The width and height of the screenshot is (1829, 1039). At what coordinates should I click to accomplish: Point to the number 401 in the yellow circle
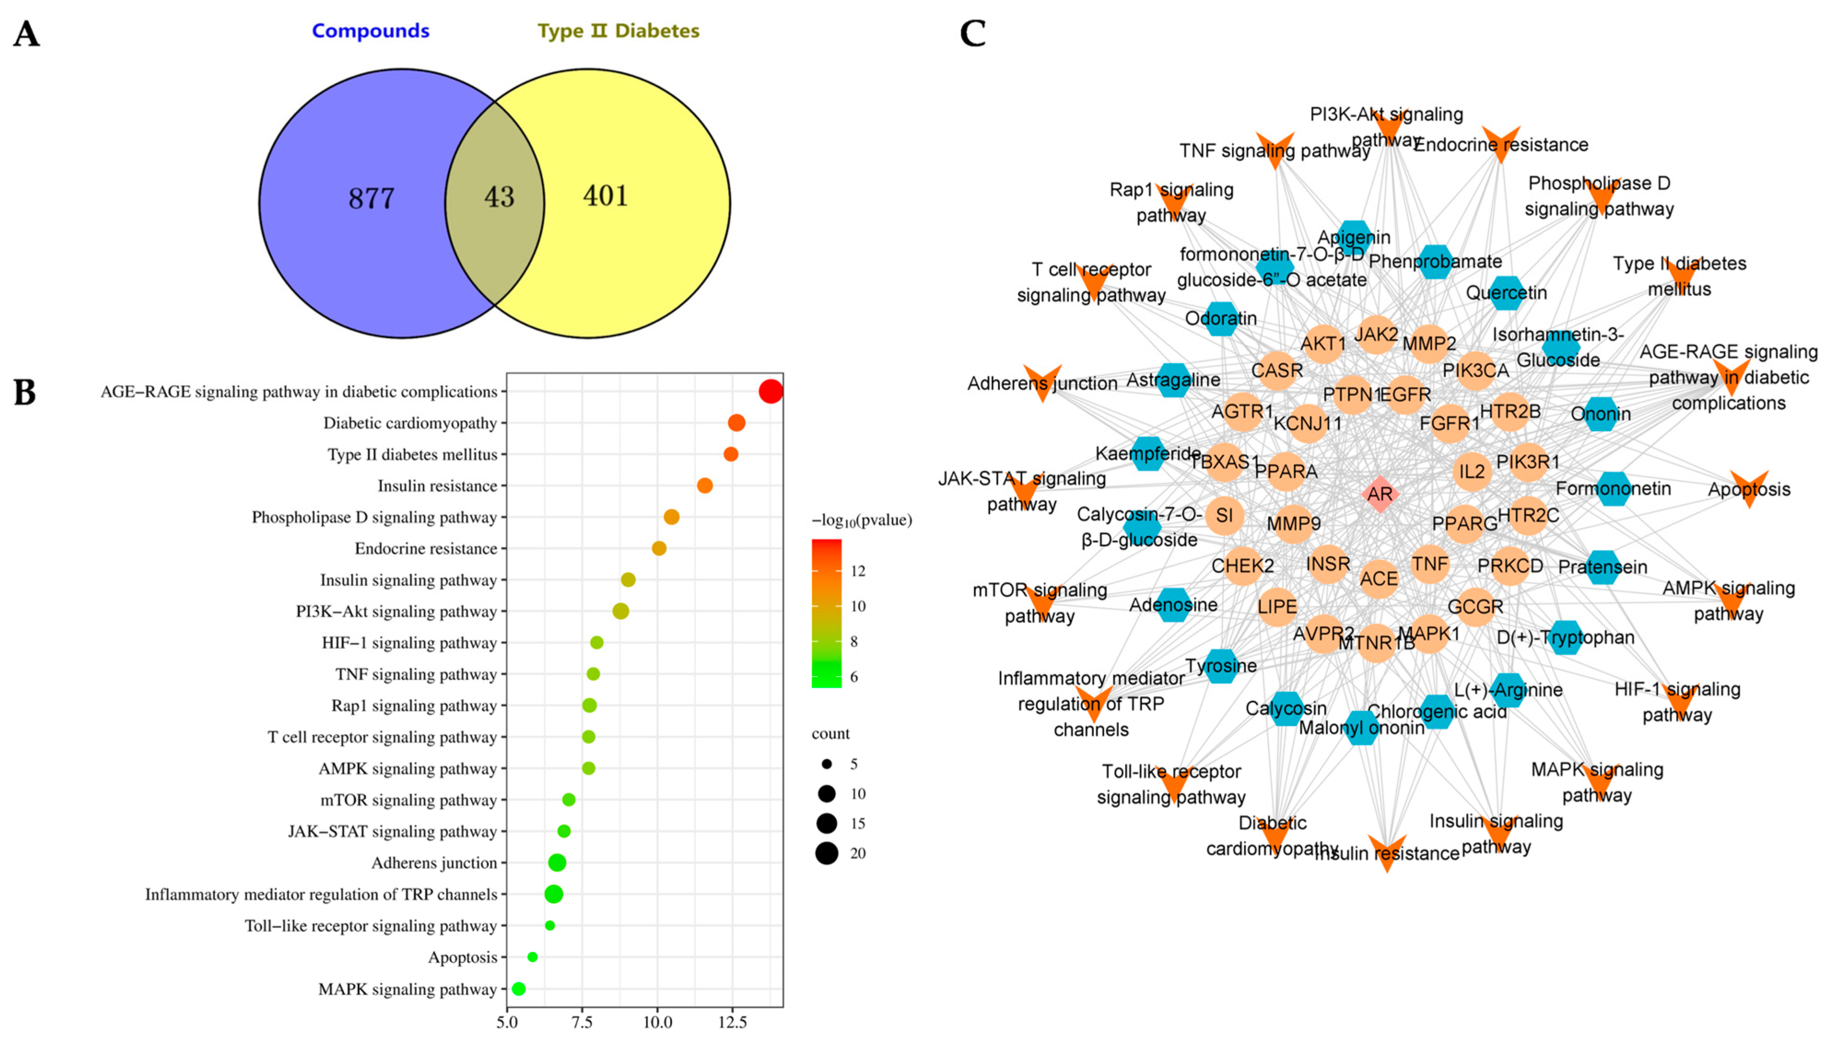605,196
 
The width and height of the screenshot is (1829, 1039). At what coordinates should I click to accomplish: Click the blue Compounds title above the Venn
370,31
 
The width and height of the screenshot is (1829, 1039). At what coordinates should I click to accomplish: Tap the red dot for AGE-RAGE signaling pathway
771,391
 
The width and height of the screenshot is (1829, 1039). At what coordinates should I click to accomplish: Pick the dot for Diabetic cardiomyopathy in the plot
736,423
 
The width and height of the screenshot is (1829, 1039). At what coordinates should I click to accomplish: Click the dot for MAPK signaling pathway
519,988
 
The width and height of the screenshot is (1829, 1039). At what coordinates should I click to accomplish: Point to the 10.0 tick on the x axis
657,1022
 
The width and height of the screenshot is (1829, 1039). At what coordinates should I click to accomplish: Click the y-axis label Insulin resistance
437,486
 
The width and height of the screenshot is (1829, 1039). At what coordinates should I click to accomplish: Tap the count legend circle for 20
826,853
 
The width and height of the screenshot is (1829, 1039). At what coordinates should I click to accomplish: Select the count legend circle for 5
826,764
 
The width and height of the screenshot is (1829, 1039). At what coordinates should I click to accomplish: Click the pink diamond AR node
1379,494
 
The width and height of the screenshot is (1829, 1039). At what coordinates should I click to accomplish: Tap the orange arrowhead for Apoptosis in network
1749,489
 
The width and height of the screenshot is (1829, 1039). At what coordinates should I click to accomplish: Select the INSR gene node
1328,564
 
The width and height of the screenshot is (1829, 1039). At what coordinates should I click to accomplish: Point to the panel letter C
973,34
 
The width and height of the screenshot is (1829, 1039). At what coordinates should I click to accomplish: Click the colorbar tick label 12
858,571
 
